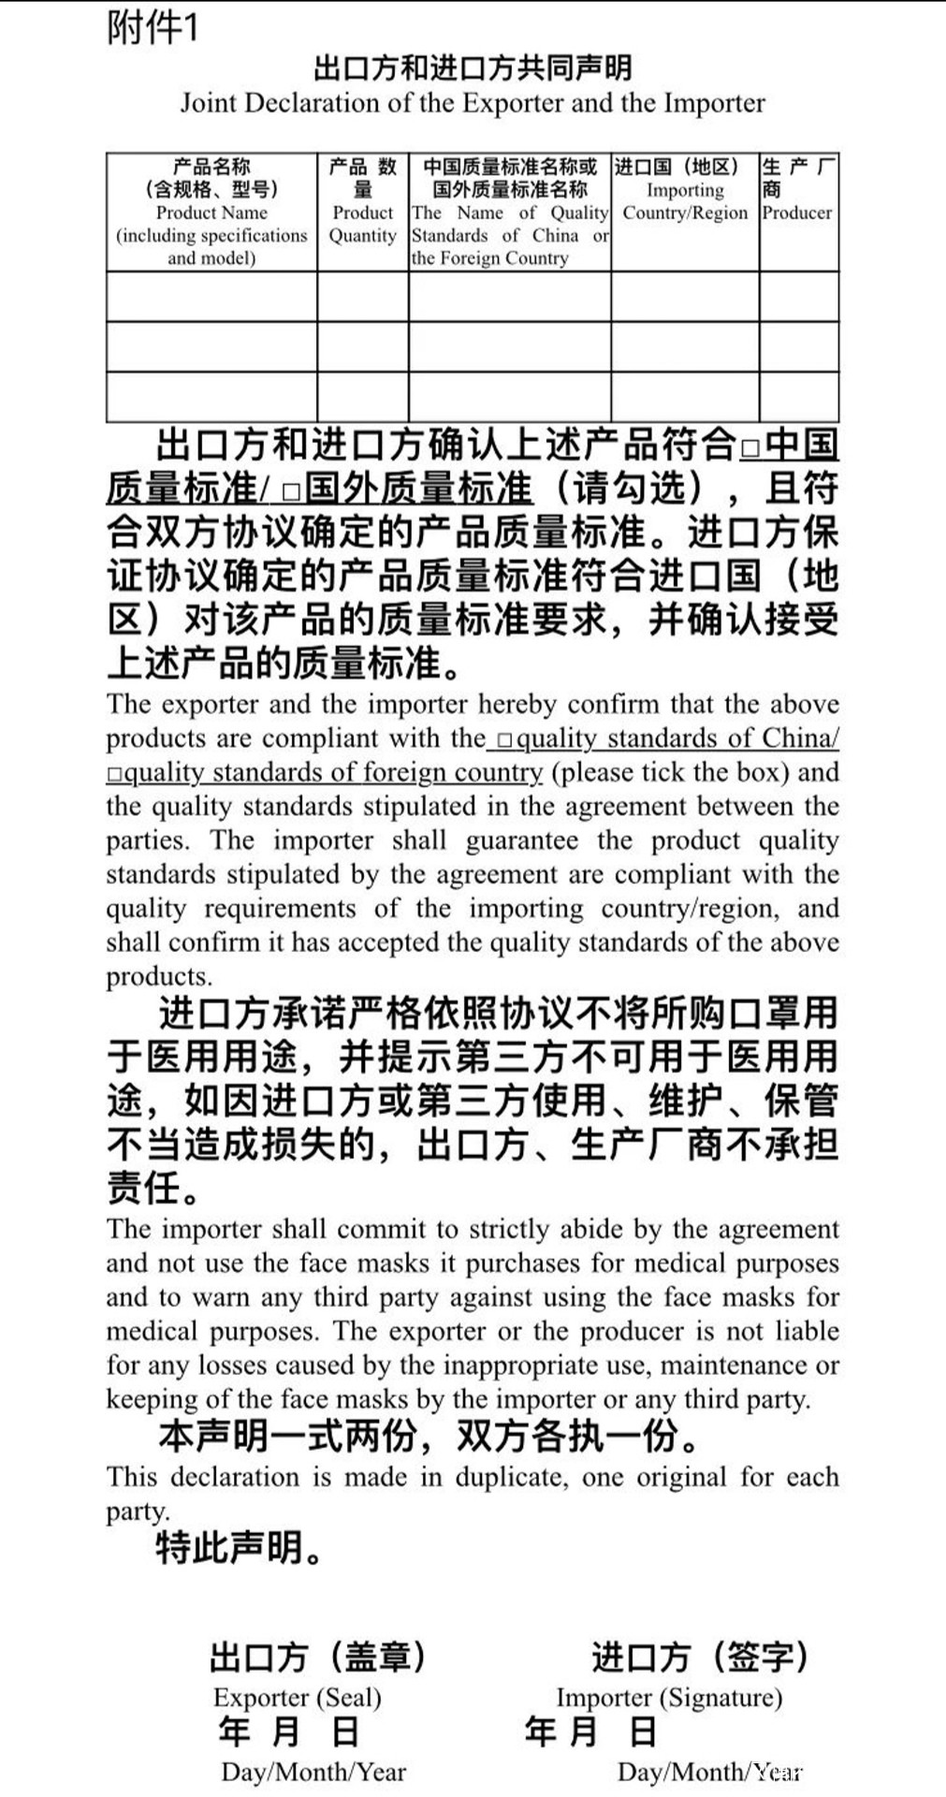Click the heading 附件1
153,28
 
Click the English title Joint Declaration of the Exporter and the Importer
473,102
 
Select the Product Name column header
211,212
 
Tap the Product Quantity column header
363,212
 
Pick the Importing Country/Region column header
685,201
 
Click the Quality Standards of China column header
510,212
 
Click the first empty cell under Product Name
211,297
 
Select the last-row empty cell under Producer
798,397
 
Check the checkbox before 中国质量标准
750,448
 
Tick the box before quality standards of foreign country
114,775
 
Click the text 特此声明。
240,1548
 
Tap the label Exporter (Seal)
297,1697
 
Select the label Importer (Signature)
669,1697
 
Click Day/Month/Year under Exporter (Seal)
313,1771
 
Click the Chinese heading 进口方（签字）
699,1657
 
